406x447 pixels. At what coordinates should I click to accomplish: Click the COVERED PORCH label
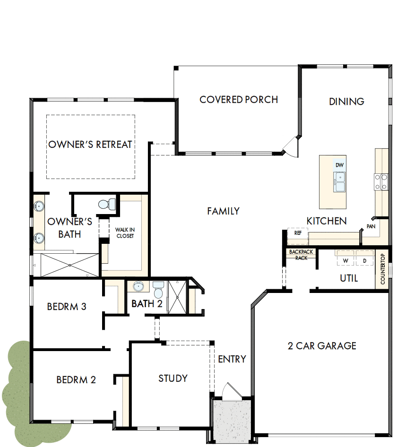(239, 100)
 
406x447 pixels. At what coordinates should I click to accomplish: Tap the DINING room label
(346, 101)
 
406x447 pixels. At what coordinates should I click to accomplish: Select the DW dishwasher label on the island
(339, 165)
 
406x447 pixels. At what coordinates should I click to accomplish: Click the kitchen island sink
(339, 181)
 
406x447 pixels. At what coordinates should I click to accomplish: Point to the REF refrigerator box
(298, 233)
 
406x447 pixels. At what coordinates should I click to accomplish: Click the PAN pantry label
(371, 227)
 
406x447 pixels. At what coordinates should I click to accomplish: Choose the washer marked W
(346, 261)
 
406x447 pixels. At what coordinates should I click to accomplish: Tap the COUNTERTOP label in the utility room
(383, 269)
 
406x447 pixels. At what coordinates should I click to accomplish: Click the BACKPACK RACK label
(301, 255)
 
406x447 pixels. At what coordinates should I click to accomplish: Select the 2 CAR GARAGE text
(322, 346)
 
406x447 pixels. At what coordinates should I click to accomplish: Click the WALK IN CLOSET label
(125, 232)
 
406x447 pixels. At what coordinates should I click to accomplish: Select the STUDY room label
(173, 378)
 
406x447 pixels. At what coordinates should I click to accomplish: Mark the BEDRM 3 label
(67, 307)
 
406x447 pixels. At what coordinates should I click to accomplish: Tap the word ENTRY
(232, 359)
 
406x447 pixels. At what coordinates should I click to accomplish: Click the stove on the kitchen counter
(381, 182)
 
